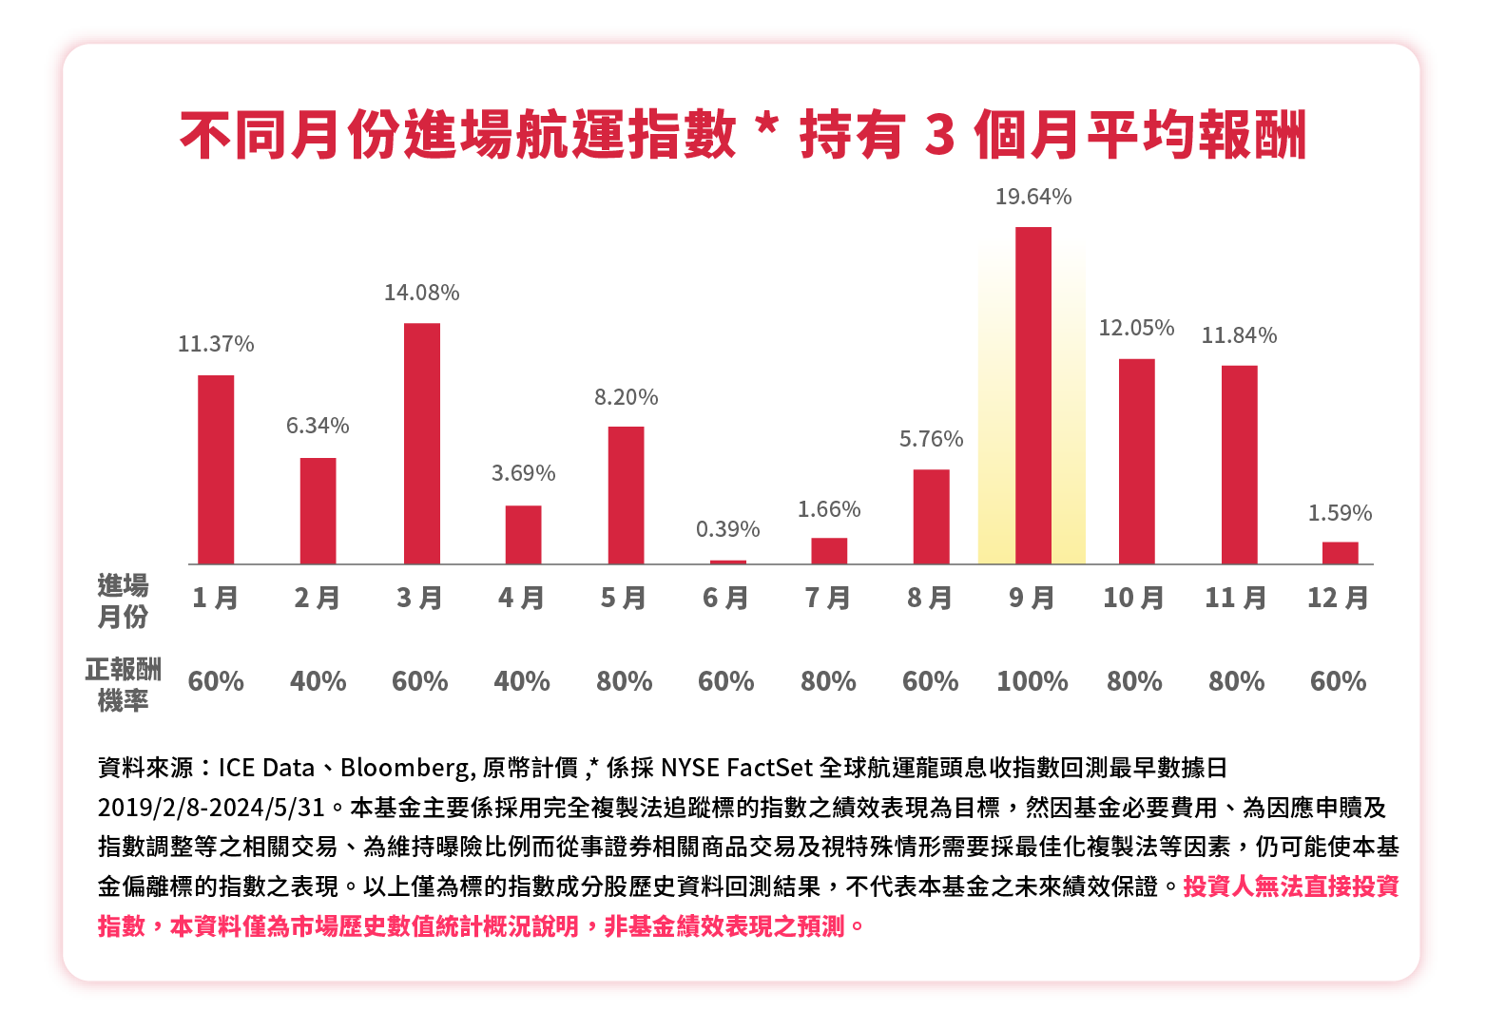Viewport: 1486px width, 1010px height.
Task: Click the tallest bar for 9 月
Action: pos(1032,395)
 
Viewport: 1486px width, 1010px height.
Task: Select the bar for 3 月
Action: pos(421,444)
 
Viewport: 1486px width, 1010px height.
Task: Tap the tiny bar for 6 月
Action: pos(727,562)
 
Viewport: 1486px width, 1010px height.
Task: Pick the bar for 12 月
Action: pos(1340,553)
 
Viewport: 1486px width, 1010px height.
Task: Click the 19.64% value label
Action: pos(1032,197)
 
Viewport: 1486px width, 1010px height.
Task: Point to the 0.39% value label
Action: pos(727,529)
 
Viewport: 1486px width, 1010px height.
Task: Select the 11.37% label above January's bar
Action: pos(216,344)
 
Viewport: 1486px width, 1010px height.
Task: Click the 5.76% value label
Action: pos(931,439)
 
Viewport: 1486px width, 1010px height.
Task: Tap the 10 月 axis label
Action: pos(1133,598)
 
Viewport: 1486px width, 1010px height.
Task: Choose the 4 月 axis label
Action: pos(522,598)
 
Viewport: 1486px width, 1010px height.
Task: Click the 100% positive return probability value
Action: pos(1032,681)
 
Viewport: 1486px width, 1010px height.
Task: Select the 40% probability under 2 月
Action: pos(318,681)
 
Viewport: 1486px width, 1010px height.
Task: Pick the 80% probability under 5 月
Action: pos(624,681)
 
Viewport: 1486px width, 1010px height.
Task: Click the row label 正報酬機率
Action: pos(123,685)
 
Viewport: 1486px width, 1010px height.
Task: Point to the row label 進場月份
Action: pos(123,600)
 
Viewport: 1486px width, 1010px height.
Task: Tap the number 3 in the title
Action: pos(938,135)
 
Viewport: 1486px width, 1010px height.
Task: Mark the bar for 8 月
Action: pos(931,517)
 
